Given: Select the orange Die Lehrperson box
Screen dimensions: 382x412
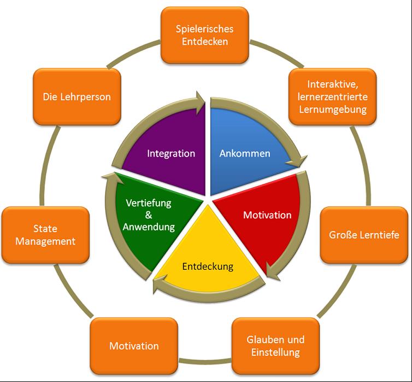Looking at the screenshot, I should point(77,97).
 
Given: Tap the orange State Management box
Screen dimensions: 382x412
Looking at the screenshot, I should point(45,235).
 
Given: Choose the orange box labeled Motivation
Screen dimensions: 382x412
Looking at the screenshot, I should point(134,346).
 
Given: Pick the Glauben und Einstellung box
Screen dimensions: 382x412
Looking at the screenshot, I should point(276,346).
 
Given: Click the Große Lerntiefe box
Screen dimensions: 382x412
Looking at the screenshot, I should point(364,235).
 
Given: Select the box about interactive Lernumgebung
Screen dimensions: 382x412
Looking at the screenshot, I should point(333,97).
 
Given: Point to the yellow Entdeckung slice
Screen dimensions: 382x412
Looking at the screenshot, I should point(208,267).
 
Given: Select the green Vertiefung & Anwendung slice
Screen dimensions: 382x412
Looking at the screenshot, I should point(149,215).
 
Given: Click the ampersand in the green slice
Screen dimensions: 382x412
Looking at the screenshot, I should point(149,215).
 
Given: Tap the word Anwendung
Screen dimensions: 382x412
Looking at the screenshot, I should point(149,227).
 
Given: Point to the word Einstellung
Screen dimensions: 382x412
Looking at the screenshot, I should point(275,352).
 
